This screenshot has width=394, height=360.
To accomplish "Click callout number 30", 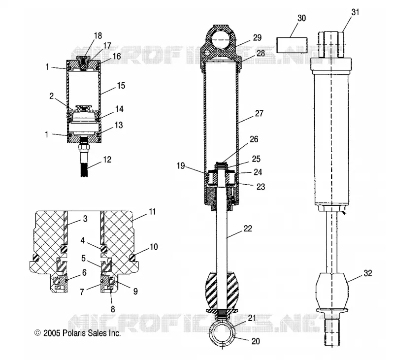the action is coord(301,18).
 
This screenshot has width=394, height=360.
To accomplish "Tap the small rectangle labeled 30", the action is coord(292,45).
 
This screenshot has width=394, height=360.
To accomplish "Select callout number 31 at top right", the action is coord(355,12).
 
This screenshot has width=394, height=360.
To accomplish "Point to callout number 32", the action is coord(367,273).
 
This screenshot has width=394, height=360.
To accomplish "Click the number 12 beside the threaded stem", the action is coord(107,160).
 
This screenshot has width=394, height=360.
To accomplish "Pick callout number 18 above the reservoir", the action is coord(98,36).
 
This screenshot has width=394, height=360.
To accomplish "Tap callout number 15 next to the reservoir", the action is coord(121,86).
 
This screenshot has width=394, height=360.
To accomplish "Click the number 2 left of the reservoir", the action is coord(52,96).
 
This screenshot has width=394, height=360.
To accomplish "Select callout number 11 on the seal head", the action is coord(152,212).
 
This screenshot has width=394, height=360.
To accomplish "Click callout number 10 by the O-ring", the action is coord(154,247).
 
